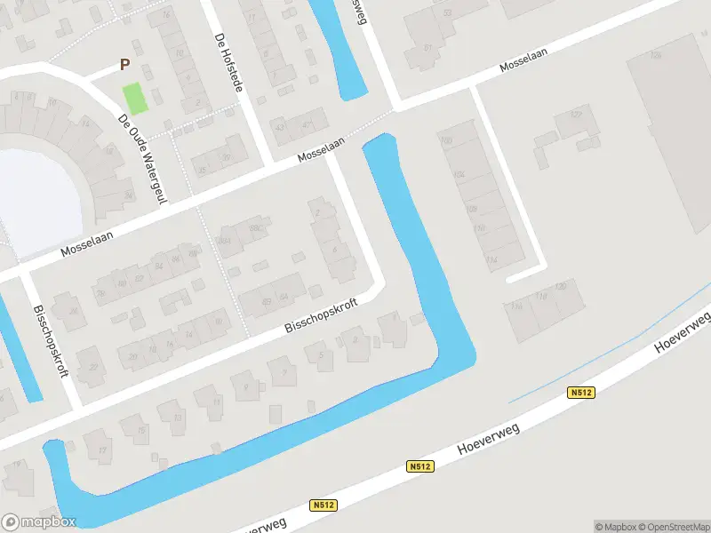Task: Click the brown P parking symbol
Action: (125, 65)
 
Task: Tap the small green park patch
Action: (132, 97)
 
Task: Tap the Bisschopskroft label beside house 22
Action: (51, 341)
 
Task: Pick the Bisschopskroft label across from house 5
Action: (321, 316)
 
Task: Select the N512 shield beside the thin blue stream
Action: (581, 392)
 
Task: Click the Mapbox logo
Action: (38, 521)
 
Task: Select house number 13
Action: (177, 416)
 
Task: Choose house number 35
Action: (203, 170)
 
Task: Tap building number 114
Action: (491, 259)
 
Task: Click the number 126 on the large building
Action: (657, 55)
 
